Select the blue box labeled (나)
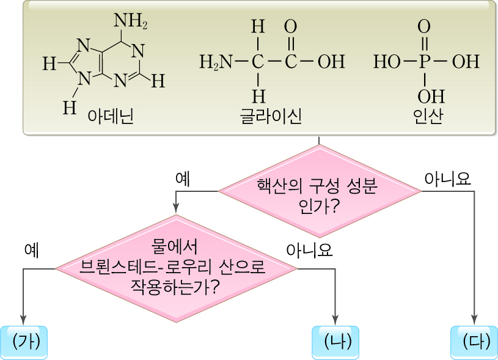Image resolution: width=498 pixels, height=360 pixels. coord(335,342)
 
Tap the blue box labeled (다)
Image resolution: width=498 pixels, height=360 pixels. coord(474,342)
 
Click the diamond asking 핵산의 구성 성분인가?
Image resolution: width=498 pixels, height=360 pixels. coord(319,191)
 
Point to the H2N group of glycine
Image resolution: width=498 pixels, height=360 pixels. coord(216,62)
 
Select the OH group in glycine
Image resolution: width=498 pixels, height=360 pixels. coord(331,62)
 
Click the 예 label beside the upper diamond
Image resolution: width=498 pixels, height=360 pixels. coord(182,178)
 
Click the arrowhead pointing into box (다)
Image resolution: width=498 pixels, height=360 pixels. coord(474,320)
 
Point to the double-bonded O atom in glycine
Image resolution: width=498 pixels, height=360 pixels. coord(291,28)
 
